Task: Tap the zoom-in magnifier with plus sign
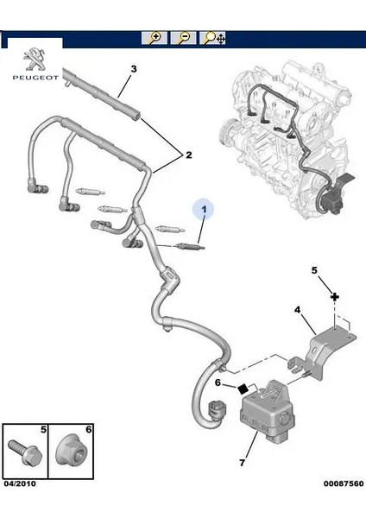tap(155, 39)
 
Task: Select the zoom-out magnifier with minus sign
tap(184, 39)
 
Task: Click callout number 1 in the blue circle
tap(205, 210)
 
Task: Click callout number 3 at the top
tap(133, 68)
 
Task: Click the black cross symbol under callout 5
tap(333, 295)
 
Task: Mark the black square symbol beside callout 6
tap(244, 387)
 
